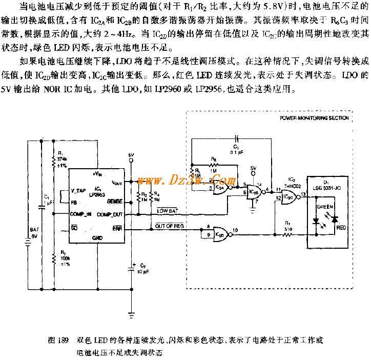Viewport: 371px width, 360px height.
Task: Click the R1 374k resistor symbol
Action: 53,163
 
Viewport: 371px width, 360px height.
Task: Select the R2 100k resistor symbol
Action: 53,259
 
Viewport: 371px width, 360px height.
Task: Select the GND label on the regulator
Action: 97,238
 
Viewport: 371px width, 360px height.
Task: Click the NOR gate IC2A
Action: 220,187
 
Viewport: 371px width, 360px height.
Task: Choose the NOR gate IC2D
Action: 220,233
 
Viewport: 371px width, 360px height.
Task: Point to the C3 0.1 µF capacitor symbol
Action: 236,138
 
